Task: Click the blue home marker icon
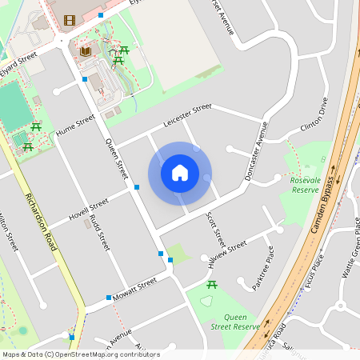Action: point(180,173)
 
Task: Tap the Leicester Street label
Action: point(187,114)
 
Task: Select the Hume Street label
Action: point(75,124)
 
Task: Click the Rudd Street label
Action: point(99,232)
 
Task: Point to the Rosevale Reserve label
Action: point(305,185)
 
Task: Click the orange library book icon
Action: point(85,50)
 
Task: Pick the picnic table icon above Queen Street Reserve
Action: point(212,284)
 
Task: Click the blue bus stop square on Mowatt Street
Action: point(109,298)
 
